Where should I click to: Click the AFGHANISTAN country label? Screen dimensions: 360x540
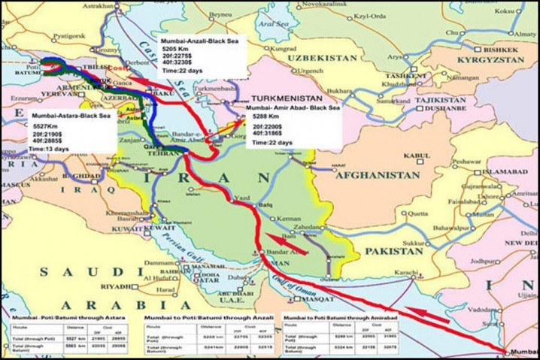pyautogui.click(x=372, y=174)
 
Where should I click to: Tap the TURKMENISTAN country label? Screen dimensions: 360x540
pyautogui.click(x=287, y=98)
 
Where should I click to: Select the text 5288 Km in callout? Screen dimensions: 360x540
pyautogui.click(x=263, y=118)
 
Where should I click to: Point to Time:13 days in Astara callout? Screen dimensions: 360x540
pyautogui.click(x=50, y=149)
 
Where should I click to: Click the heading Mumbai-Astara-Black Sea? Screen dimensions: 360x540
pyautogui.click(x=69, y=116)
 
